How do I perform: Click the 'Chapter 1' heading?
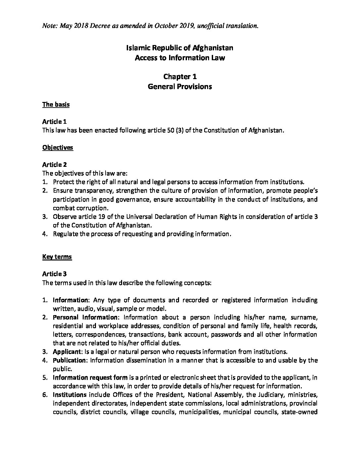coord(180,77)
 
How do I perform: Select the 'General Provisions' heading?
coord(180,87)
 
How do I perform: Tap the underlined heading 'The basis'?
coord(56,105)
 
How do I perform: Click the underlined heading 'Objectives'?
coord(58,148)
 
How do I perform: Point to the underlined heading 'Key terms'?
coord(57,257)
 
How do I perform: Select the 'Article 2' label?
coord(55,164)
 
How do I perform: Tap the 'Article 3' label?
coord(55,274)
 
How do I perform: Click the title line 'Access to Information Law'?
coord(180,58)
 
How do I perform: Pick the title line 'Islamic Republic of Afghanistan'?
coord(180,48)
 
